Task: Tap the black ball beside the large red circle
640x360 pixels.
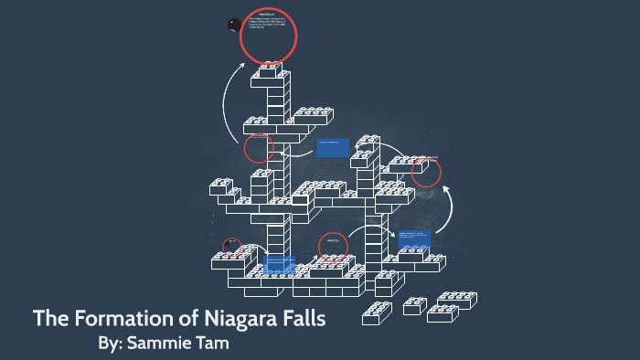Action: tap(233, 25)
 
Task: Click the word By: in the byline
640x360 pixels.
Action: tap(112, 344)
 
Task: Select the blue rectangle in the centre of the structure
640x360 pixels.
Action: tap(333, 146)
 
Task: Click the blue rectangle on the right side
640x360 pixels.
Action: tap(413, 240)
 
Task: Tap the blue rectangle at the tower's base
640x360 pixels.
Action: tap(279, 264)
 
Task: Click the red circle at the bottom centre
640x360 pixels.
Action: tap(333, 247)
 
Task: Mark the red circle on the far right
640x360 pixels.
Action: tap(426, 172)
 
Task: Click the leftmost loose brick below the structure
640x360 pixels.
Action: tap(377, 313)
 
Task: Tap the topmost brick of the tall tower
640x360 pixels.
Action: tap(272, 70)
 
